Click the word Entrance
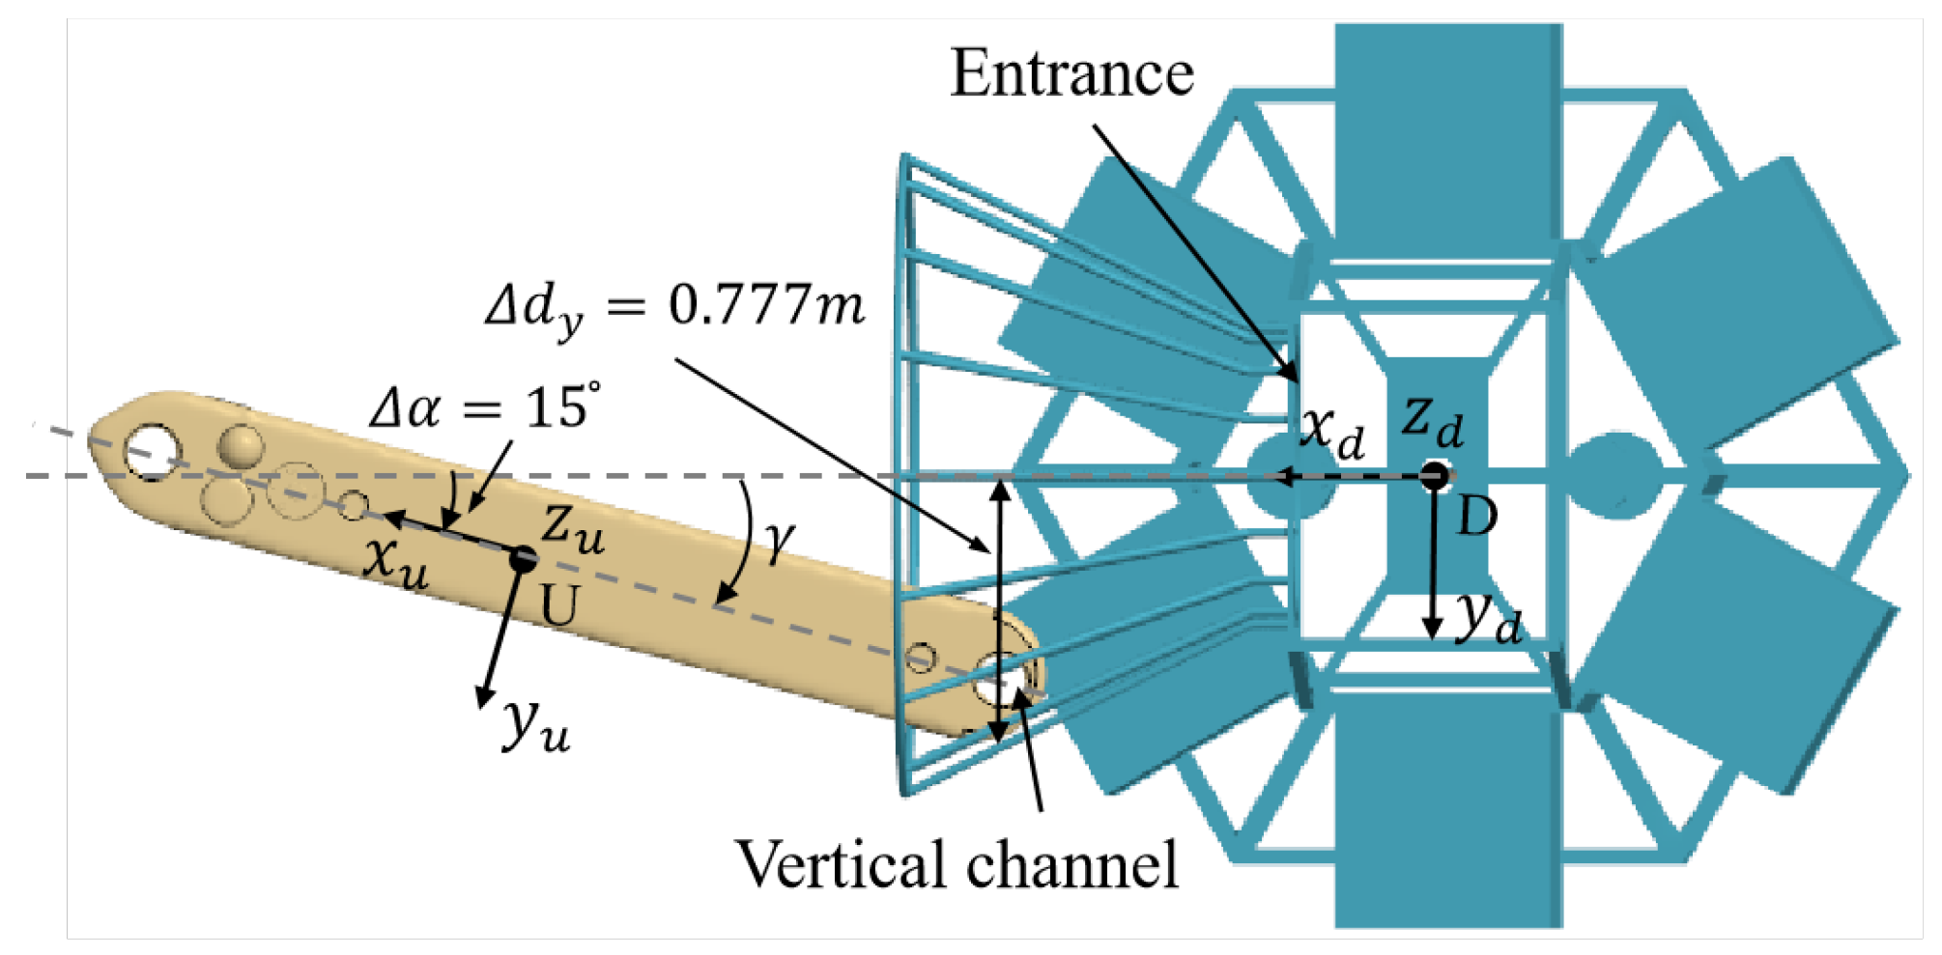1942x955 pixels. (x=1071, y=73)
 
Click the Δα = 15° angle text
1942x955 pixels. (x=485, y=407)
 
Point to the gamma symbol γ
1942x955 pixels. (x=779, y=542)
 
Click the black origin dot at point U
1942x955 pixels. (x=524, y=557)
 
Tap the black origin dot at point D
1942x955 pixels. (x=1435, y=475)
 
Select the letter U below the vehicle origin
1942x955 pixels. (x=558, y=606)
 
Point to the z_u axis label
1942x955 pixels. (x=573, y=526)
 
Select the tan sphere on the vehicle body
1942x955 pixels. (x=241, y=445)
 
